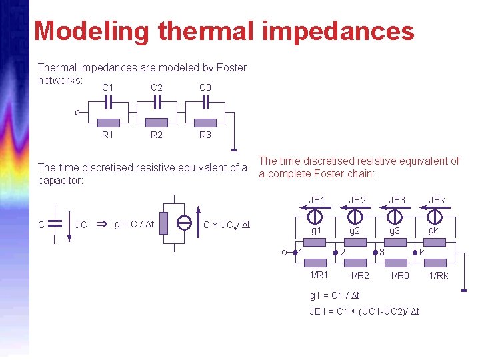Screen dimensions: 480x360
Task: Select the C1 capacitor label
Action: click(x=108, y=87)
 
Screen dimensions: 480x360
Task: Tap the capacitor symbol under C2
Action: click(x=157, y=101)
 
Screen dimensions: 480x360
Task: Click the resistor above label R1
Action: click(x=108, y=123)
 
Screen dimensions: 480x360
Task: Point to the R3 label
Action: click(x=205, y=135)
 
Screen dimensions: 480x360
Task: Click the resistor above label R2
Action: click(x=157, y=123)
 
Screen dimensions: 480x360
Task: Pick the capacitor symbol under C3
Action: click(x=206, y=101)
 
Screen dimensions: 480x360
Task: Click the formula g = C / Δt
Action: click(x=134, y=224)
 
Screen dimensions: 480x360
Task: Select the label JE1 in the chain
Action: click(x=317, y=200)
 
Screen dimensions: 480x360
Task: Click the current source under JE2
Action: click(x=355, y=216)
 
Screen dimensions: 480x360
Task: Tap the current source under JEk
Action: click(x=435, y=216)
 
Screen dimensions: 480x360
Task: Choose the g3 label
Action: click(x=395, y=231)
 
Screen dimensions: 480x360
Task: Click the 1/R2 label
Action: click(x=359, y=275)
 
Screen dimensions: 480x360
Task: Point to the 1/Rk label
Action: click(x=439, y=275)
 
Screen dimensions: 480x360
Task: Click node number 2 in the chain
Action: click(x=342, y=252)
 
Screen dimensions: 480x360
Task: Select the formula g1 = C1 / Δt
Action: click(x=335, y=295)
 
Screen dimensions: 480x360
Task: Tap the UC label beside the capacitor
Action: click(x=81, y=224)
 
